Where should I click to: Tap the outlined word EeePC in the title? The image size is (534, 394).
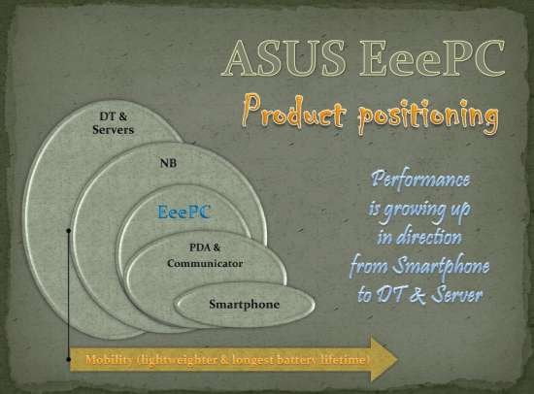point(431,58)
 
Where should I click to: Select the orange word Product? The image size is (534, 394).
point(293,112)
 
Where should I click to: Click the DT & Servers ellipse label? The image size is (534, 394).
point(113,123)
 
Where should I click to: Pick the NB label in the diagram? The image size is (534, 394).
point(169,163)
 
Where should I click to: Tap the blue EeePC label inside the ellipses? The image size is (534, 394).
point(184,212)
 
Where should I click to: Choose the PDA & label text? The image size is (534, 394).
point(205,246)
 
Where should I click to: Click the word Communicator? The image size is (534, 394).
point(205,263)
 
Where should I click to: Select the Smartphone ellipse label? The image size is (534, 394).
point(244,304)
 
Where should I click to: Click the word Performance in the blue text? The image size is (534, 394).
point(421,180)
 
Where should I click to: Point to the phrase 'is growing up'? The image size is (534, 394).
point(419,210)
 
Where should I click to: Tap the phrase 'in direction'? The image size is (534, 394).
point(419,237)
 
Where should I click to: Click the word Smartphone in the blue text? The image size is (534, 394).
point(441,266)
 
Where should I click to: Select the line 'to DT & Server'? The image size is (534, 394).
point(419,294)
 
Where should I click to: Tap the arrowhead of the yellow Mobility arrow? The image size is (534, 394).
point(384,359)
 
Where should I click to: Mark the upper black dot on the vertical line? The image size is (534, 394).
point(69,231)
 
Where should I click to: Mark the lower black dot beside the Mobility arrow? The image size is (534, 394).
point(69,359)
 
